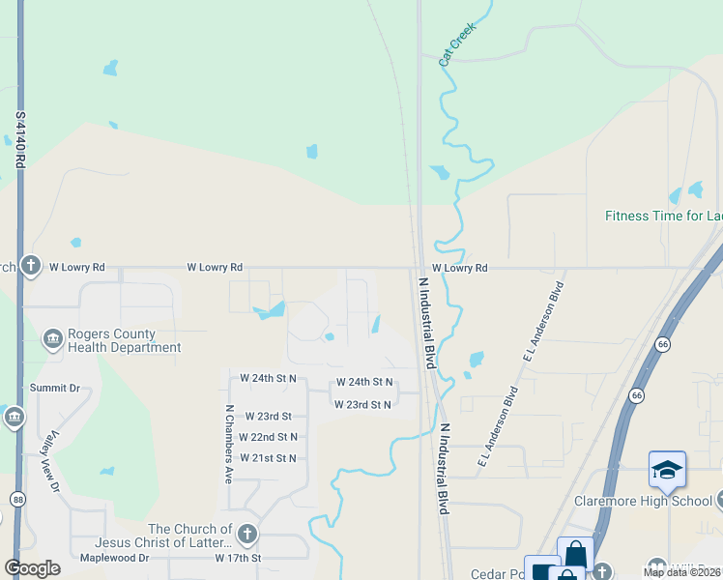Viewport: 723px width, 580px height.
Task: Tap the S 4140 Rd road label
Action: (20, 140)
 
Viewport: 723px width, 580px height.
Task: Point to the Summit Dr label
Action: (54, 388)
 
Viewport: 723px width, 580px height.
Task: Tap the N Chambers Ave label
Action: (230, 444)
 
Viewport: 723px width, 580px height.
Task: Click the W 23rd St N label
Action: (362, 405)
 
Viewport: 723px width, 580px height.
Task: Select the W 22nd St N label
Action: (268, 437)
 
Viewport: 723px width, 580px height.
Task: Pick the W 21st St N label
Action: (268, 458)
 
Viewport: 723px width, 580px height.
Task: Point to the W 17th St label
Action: (239, 559)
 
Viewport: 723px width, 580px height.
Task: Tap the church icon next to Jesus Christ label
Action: (247, 534)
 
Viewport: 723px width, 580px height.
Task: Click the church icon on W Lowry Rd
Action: (30, 266)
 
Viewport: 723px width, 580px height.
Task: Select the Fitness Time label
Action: (663, 216)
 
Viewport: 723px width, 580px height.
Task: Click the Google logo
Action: (33, 568)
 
